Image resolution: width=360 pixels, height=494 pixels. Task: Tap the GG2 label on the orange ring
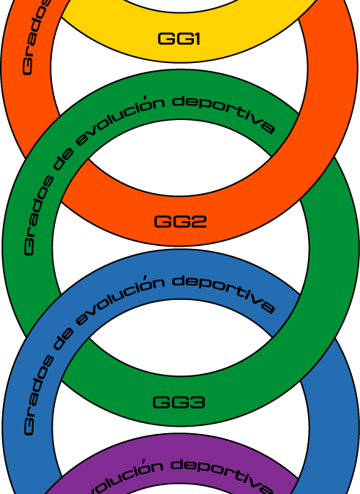click(x=180, y=221)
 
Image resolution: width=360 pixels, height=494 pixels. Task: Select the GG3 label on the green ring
click(x=179, y=402)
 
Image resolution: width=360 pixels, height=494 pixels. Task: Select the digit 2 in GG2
click(x=198, y=221)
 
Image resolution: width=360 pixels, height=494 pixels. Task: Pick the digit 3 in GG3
click(x=198, y=402)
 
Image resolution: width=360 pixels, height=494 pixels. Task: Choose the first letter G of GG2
click(x=162, y=221)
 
